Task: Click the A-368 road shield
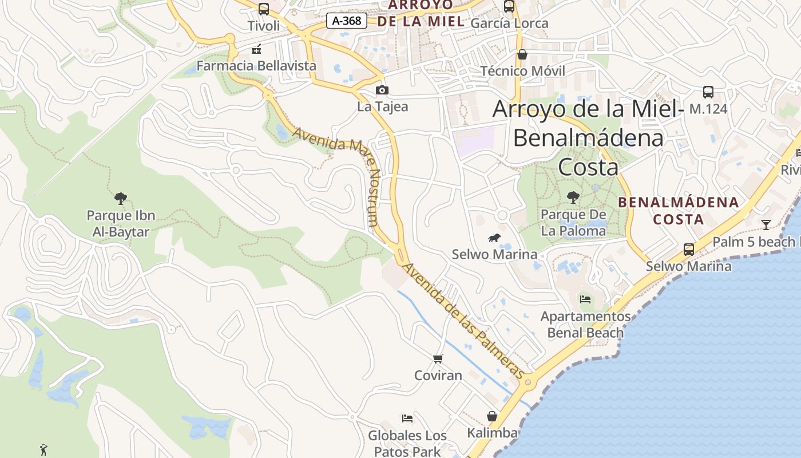346,21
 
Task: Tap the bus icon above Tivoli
264,9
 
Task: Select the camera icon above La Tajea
382,90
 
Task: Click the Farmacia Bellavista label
256,66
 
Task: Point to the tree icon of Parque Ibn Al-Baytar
120,199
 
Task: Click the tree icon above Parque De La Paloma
573,198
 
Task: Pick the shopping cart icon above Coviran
438,359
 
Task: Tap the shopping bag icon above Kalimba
492,416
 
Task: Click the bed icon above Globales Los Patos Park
407,418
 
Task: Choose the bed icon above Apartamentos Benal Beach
585,299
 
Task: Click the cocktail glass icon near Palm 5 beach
766,224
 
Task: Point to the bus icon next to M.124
708,92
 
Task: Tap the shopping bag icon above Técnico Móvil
522,54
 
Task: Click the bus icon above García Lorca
509,6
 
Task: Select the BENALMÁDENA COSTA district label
679,211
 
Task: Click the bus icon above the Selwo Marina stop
689,250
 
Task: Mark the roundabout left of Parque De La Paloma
502,215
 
